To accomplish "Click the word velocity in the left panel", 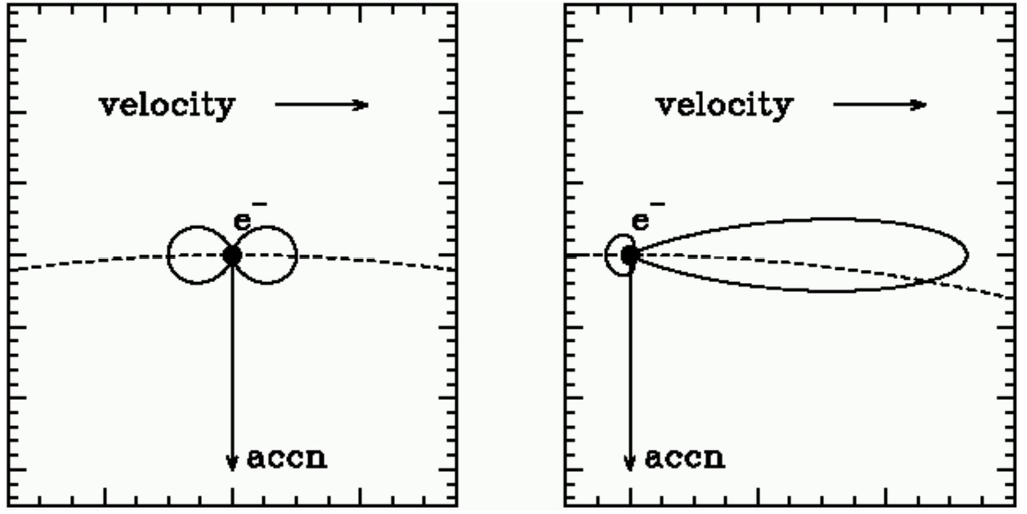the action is click(x=167, y=105).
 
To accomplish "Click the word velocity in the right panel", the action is click(x=725, y=105).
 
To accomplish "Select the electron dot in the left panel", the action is click(x=232, y=255).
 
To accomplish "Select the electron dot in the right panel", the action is click(x=629, y=255).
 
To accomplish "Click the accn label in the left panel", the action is click(x=287, y=458).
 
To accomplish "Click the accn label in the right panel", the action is click(x=685, y=458).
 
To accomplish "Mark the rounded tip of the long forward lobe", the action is click(x=966, y=255).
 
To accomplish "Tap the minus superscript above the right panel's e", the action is click(x=657, y=205).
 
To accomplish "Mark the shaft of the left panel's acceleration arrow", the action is click(x=232, y=360).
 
